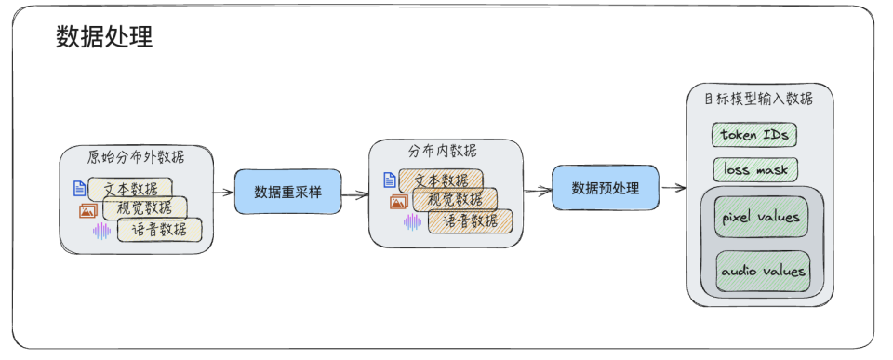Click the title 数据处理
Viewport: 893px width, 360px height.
[x=104, y=36]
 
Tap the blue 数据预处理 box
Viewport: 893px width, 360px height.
[x=605, y=188]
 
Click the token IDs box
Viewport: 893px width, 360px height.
[x=754, y=135]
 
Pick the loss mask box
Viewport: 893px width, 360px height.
[x=754, y=170]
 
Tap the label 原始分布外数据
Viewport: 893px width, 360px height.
[x=136, y=156]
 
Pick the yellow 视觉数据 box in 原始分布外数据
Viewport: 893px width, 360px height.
[x=145, y=208]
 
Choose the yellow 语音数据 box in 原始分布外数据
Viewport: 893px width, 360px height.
[x=159, y=230]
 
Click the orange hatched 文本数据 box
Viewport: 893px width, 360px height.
[x=442, y=180]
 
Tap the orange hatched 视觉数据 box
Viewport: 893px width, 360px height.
[x=454, y=200]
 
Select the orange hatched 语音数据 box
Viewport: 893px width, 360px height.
[x=470, y=221]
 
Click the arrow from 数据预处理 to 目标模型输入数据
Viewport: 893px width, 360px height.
[x=673, y=188]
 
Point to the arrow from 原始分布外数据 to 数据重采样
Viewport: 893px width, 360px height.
[x=222, y=193]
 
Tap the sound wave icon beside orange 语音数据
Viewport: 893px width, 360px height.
[x=411, y=221]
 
